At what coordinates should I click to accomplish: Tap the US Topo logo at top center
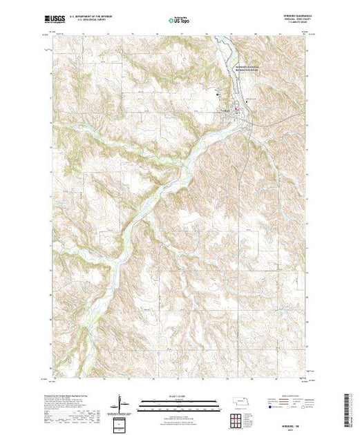178,19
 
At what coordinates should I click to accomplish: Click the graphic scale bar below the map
179,402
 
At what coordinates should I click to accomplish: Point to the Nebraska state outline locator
238,401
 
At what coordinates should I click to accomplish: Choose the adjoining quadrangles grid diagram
238,419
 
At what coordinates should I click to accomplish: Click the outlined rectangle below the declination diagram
122,422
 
